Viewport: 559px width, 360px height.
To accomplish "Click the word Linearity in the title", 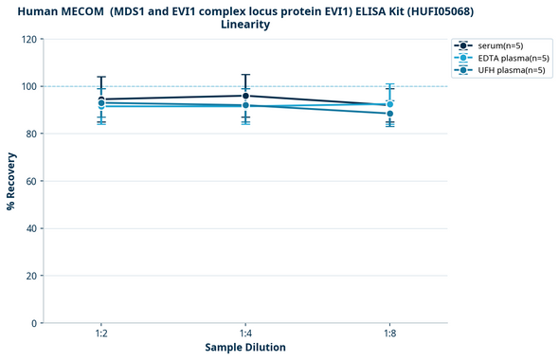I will (x=245, y=25).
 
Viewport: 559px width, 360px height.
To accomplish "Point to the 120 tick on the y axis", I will (x=28, y=40).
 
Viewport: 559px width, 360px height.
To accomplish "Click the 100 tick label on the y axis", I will (x=28, y=87).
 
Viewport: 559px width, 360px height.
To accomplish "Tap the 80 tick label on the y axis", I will (x=31, y=135).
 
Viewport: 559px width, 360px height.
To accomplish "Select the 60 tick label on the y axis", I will (x=31, y=181).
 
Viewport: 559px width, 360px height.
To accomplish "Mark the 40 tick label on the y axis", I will (x=31, y=228).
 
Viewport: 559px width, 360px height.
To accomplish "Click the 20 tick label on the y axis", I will (x=31, y=276).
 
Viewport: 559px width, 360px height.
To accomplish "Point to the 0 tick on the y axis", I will (x=34, y=323).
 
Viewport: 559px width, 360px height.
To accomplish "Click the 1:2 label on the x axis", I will (x=101, y=334).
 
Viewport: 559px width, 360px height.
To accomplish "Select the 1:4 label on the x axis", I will (x=245, y=334).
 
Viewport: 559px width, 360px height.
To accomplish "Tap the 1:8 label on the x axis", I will (x=389, y=334).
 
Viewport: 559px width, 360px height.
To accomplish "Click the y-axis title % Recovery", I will (x=11, y=181).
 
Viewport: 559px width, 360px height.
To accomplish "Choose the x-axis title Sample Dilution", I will (x=245, y=348).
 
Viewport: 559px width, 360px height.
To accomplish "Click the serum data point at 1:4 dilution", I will (x=245, y=96).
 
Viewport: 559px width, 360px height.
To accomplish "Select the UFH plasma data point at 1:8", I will (x=389, y=114).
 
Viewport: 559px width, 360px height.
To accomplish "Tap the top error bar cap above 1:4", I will (x=245, y=75).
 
